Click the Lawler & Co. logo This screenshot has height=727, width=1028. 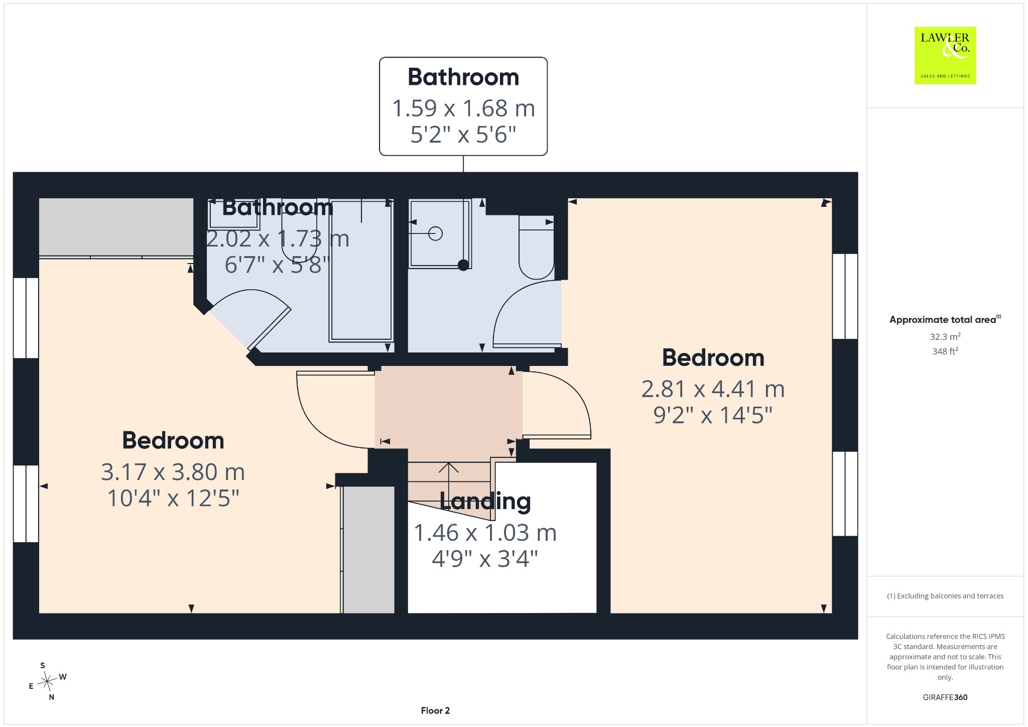pos(945,55)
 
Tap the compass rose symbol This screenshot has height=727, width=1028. pos(47,681)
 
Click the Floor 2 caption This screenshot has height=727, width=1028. pos(435,710)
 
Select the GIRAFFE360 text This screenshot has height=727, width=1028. pos(945,697)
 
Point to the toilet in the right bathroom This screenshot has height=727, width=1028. pos(536,247)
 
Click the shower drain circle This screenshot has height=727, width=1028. pos(435,233)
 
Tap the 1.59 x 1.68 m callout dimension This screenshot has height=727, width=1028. pos(463,108)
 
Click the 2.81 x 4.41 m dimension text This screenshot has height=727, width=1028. pos(713,389)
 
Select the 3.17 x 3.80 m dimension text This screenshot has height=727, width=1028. pos(173,472)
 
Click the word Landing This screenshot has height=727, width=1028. pos(485,501)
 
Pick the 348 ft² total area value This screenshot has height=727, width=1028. pos(945,351)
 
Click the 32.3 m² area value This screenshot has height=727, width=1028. pos(945,336)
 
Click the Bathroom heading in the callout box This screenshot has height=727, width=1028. pos(463,77)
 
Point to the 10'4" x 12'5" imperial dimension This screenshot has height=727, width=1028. pos(173,498)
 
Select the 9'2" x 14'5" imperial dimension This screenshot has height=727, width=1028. pos(713,415)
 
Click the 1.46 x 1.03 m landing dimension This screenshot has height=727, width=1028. pos(485,533)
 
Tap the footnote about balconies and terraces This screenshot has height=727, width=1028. pos(945,596)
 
